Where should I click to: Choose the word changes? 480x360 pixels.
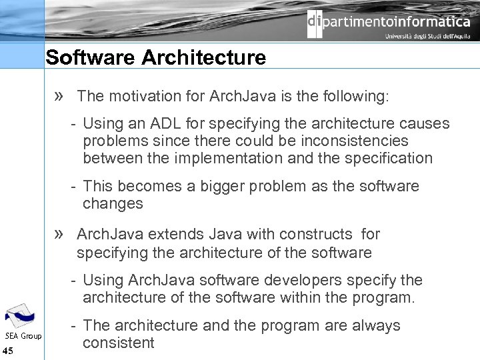(113, 203)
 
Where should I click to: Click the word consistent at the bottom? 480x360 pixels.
(118, 343)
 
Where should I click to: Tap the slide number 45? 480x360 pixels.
(8, 351)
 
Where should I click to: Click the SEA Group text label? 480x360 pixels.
(23, 336)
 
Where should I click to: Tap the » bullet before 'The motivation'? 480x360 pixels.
(59, 96)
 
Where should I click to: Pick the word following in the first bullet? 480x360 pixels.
(356, 96)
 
